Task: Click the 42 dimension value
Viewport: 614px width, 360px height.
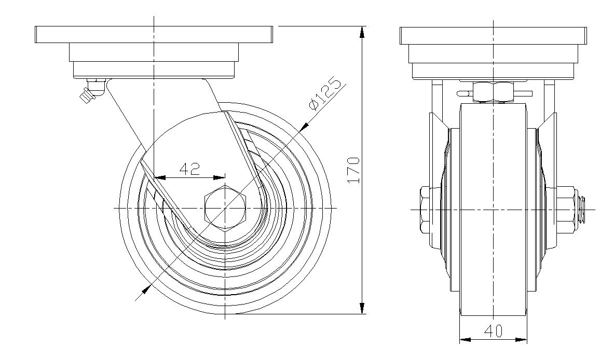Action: (189, 170)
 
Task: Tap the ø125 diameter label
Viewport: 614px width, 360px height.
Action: (325, 95)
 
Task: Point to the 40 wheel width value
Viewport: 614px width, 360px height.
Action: (494, 331)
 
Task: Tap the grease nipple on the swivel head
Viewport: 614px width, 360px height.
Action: (88, 93)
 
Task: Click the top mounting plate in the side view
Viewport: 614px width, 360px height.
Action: (154, 34)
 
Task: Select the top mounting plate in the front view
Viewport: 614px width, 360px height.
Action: (494, 34)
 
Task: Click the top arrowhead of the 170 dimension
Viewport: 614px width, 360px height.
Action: (362, 31)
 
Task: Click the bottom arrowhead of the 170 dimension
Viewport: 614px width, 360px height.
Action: (362, 308)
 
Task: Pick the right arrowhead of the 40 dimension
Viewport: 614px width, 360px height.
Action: (523, 340)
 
